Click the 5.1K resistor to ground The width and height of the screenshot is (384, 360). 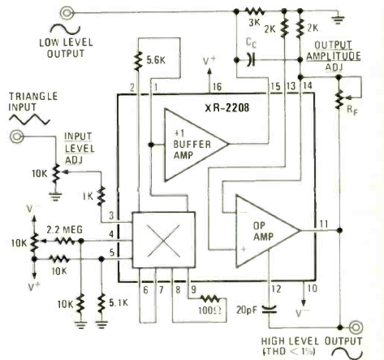click(x=100, y=302)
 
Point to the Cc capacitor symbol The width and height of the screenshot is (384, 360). click(x=251, y=60)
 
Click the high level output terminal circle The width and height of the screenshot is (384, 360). click(x=356, y=327)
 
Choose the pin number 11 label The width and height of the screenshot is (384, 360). click(x=323, y=224)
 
